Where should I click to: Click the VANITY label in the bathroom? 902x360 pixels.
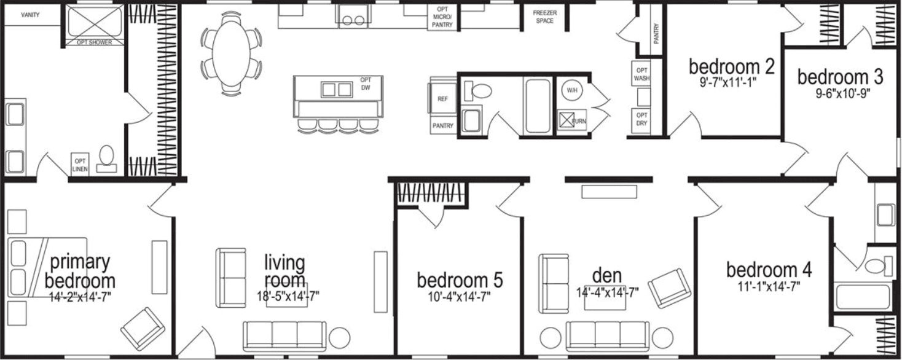[30, 15]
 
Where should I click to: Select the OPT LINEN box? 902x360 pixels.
[80, 165]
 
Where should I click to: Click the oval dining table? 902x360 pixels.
[232, 54]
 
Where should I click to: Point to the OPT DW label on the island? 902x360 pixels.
[366, 84]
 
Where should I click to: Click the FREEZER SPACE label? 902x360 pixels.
[544, 17]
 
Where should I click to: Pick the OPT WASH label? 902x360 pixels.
[642, 74]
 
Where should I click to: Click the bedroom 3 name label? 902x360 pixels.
[840, 77]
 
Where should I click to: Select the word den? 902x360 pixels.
[606, 275]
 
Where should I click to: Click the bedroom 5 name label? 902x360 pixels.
[460, 281]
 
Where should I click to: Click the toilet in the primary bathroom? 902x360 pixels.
[108, 157]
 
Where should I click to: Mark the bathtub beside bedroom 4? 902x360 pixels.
[863, 297]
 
